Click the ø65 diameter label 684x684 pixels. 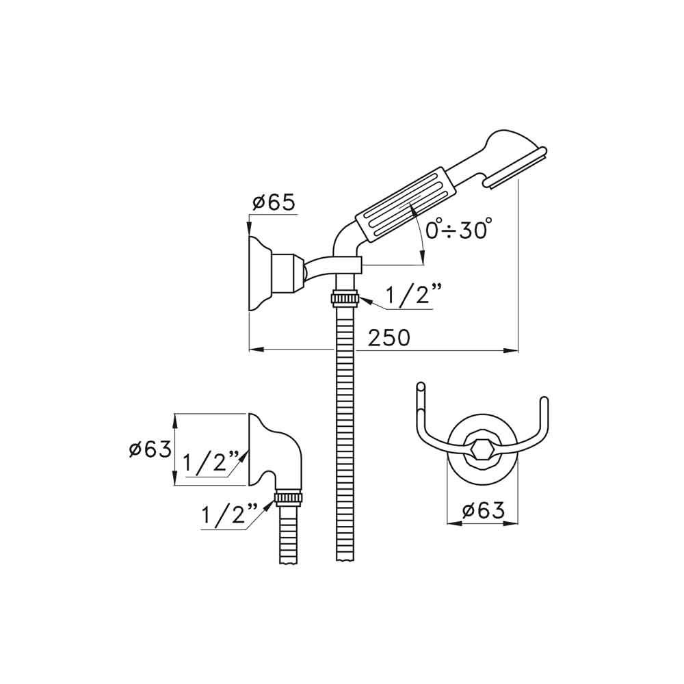[274, 203]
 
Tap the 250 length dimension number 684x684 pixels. [389, 338]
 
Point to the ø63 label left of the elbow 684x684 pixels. [150, 449]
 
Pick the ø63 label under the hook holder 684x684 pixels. [483, 510]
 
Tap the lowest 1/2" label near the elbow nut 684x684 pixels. [229, 515]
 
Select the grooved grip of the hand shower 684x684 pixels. [405, 203]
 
